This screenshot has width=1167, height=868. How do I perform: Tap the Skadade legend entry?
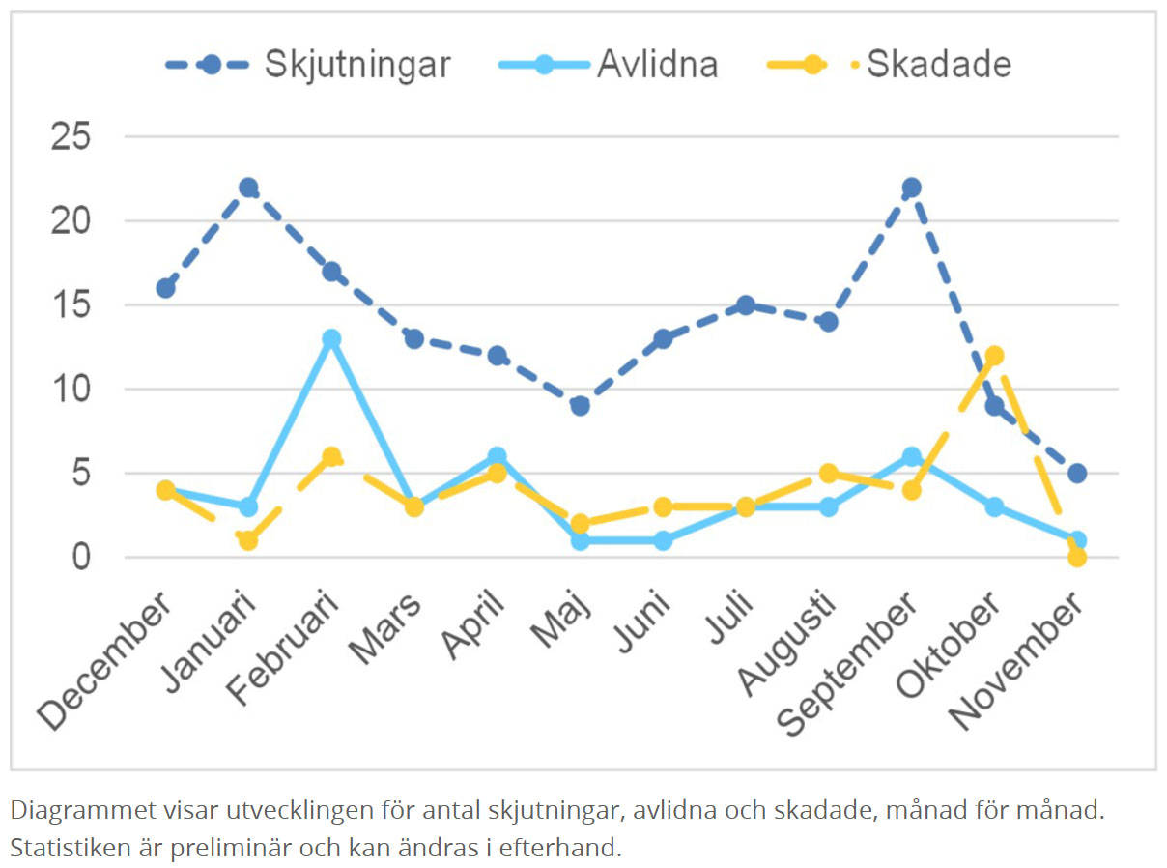889,64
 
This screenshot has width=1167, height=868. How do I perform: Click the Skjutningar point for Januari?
248,188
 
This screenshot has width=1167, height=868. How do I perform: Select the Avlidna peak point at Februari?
331,339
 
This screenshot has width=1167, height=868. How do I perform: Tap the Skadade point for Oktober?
994,356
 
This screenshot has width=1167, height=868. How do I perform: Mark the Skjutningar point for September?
911,188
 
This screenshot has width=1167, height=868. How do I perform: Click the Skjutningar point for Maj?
580,406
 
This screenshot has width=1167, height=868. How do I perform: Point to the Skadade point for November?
1077,558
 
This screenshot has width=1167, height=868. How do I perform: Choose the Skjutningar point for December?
165,288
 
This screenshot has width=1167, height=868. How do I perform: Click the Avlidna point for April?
497,456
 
